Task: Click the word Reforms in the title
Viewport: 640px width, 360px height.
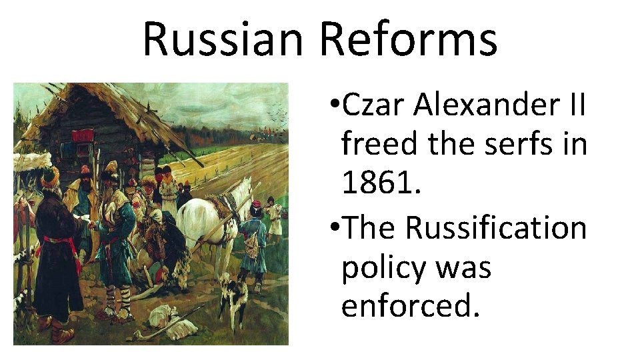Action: (408, 38)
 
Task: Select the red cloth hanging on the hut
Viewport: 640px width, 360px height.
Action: (83, 136)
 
